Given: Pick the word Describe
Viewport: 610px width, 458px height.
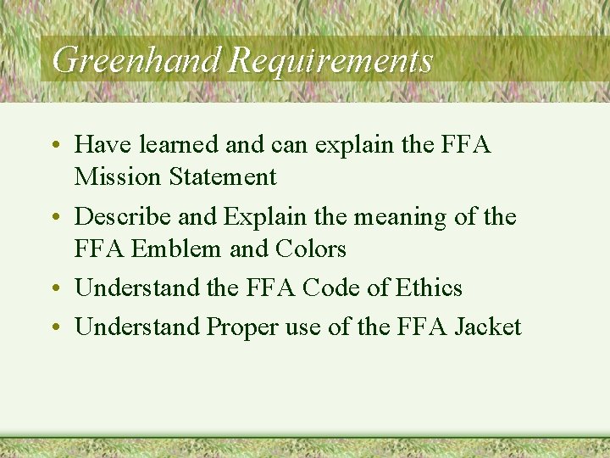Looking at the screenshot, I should click(x=124, y=216).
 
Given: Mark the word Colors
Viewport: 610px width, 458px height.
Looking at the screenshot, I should click(x=311, y=249).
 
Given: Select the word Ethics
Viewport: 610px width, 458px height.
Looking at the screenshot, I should click(x=428, y=288).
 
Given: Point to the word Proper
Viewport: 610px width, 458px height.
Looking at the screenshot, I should click(x=247, y=327).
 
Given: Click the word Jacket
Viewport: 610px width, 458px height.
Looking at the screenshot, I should click(x=487, y=327).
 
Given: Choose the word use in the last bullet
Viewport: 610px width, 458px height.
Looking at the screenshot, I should click(x=309, y=327).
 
